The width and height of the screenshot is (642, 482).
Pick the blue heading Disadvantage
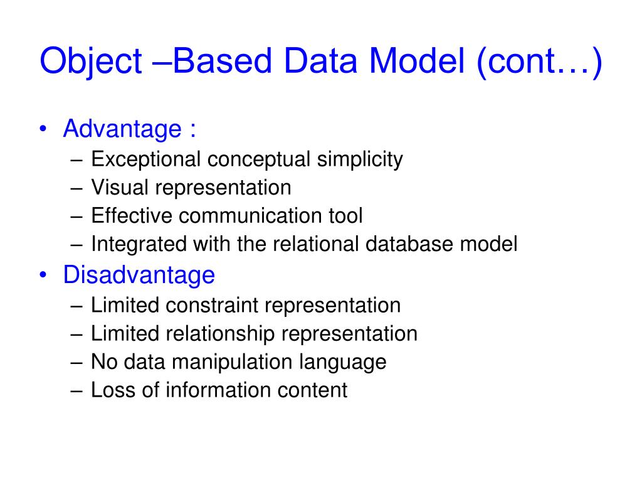(x=139, y=275)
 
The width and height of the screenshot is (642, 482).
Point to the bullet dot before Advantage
(x=43, y=130)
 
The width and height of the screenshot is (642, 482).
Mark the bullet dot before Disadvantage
(x=43, y=275)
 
